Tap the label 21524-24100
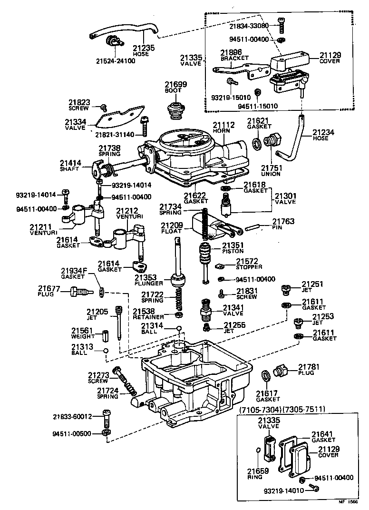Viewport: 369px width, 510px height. tap(116, 61)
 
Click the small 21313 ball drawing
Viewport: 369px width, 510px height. tap(106, 351)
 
